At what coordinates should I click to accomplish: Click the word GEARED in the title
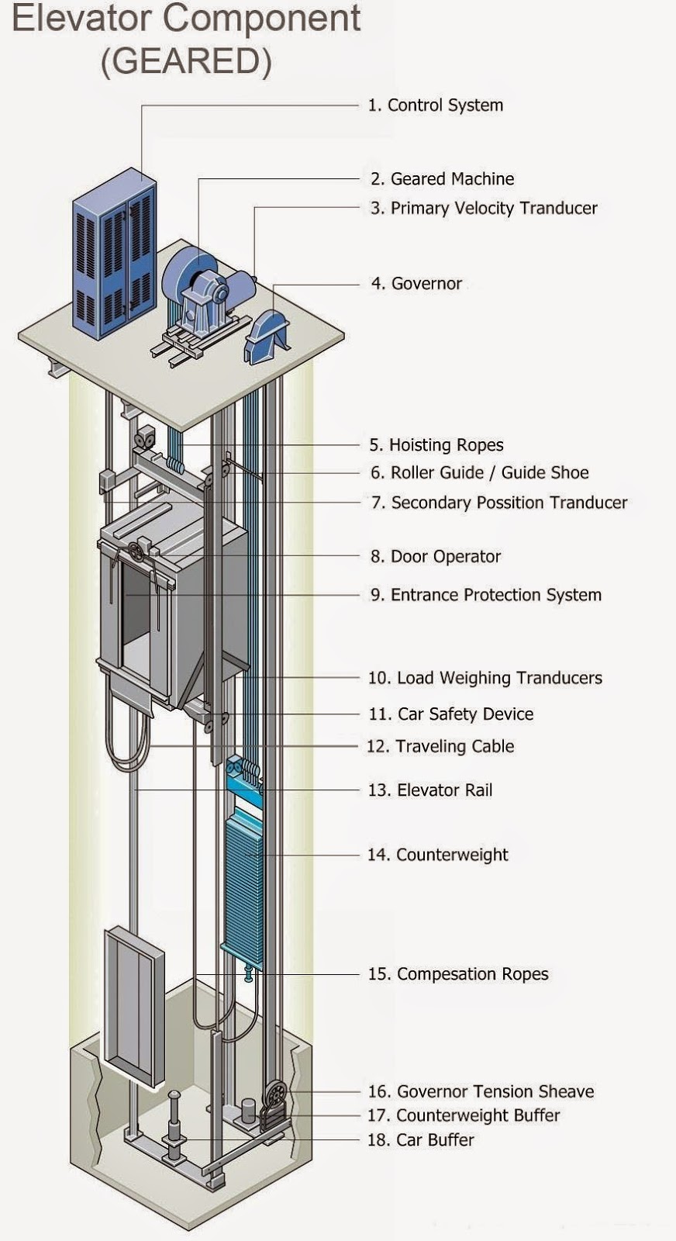tap(186, 61)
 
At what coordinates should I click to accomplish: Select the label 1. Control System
tap(435, 105)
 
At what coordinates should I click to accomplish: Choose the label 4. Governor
tap(416, 284)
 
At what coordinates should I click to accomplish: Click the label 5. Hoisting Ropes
tap(436, 445)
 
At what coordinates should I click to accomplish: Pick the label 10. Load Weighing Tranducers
tap(485, 678)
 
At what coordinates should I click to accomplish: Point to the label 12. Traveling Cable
tap(440, 746)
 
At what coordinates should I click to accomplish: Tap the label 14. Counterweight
tap(437, 855)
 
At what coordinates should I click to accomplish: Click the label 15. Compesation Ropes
tap(457, 974)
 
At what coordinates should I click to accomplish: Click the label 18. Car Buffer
tap(420, 1140)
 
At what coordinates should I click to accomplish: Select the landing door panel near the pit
tap(134, 1004)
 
